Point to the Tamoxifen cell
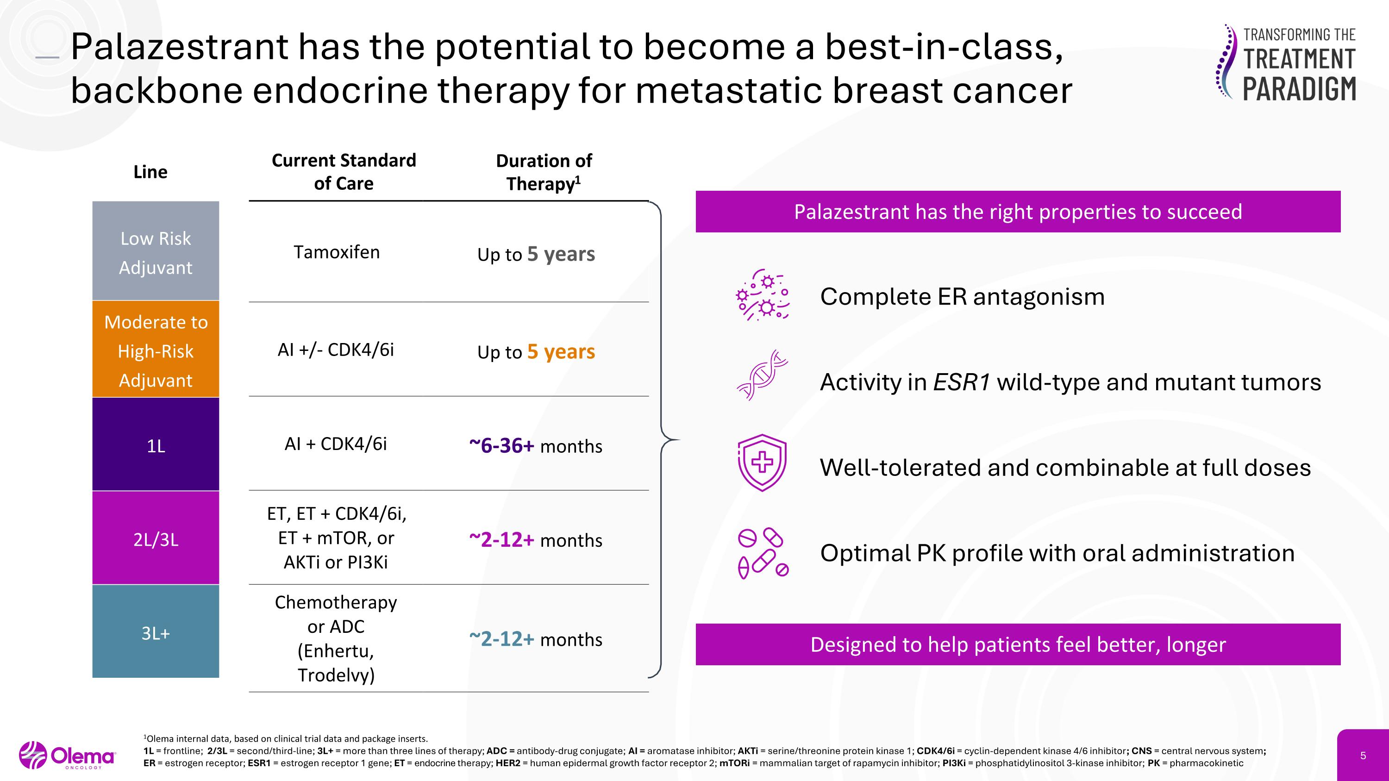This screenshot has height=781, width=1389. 337,252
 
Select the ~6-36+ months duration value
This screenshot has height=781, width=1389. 535,446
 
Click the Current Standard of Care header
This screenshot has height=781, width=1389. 344,171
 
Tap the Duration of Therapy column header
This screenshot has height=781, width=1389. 544,172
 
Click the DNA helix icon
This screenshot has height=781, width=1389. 762,375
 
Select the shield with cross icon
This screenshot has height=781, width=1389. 762,462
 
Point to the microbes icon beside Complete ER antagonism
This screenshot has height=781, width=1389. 762,295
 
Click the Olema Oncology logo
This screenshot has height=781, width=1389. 68,755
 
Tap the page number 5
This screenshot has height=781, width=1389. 1363,756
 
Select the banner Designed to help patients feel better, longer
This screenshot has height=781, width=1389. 1018,644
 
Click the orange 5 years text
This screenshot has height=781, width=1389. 561,351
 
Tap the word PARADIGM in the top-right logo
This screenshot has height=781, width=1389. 1299,89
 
